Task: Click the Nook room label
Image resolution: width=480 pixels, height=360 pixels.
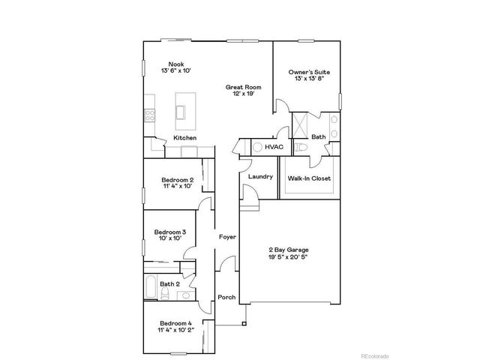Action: (x=175, y=64)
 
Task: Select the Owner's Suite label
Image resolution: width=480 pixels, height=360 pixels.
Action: (x=310, y=72)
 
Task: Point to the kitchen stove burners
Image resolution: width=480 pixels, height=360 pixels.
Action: (x=149, y=115)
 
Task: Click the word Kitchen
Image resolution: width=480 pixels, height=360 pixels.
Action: (x=185, y=138)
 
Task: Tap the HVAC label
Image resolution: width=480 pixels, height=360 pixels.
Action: (x=274, y=147)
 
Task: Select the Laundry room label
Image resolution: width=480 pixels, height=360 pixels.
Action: (x=260, y=176)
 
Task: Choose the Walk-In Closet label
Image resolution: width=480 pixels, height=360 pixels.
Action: (x=309, y=178)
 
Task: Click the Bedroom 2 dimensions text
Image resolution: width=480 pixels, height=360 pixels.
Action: (x=178, y=187)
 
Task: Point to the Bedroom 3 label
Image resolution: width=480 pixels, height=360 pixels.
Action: (x=169, y=232)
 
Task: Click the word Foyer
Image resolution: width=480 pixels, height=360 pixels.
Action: (x=227, y=237)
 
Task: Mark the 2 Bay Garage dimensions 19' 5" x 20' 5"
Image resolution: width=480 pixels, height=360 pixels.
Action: (x=289, y=256)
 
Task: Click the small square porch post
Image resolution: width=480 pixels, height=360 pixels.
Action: (x=243, y=324)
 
